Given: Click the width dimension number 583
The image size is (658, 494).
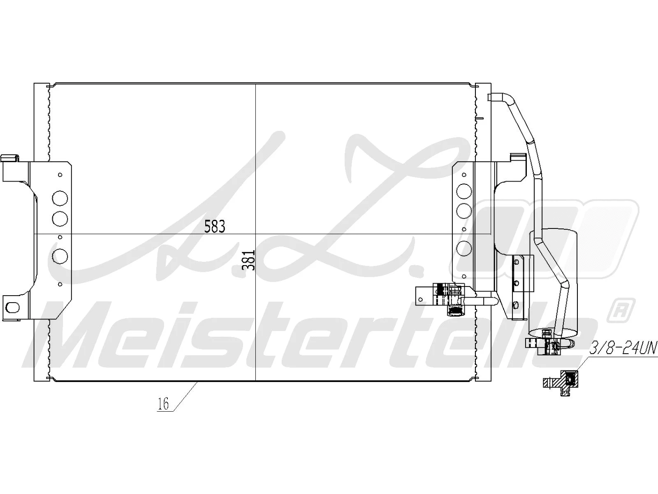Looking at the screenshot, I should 215,226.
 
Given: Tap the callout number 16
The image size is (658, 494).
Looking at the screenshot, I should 163,404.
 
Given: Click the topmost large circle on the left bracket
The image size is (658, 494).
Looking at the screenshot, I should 60,198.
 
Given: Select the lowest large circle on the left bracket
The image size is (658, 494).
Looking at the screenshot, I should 60,256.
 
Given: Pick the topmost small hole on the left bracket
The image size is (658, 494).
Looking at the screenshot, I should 60,175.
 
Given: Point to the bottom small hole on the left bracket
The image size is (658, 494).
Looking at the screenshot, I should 60,284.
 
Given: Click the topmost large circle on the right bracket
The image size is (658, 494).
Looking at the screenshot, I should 464,190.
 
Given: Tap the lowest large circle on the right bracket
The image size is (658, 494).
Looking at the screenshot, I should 464,248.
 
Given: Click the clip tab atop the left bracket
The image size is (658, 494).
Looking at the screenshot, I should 10,158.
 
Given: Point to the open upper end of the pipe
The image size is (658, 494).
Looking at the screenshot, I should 492,97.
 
